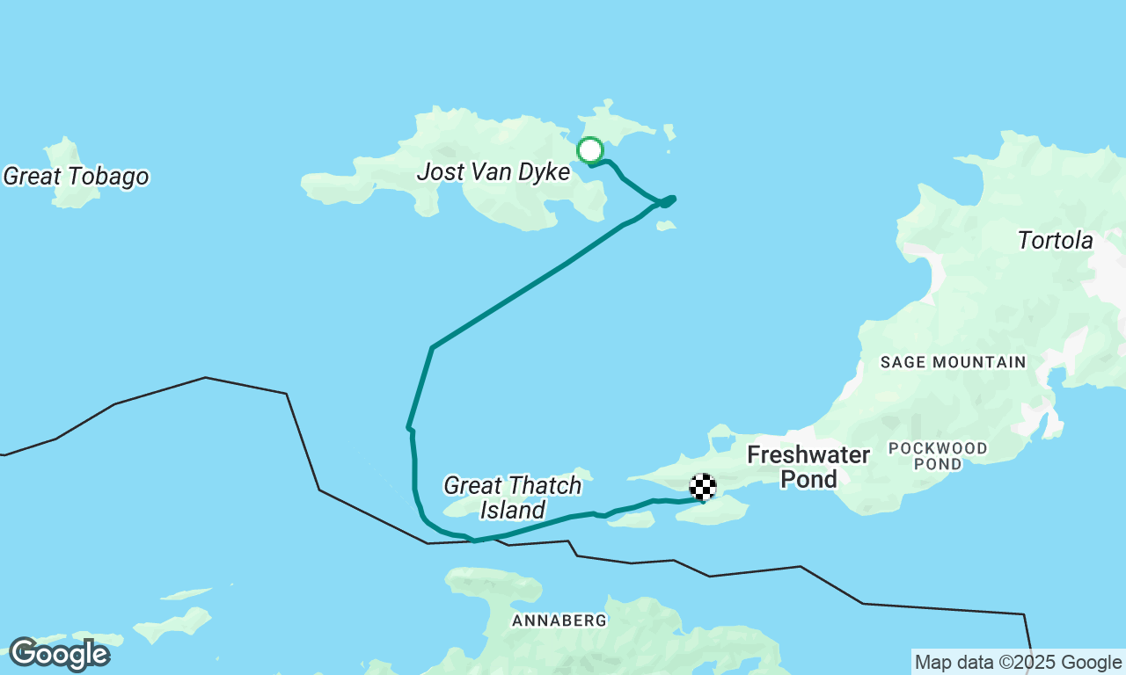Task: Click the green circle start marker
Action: (589, 150)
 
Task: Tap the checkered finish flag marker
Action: (702, 487)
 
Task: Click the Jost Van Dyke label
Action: (493, 171)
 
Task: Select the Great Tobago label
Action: (76, 177)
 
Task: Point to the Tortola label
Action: (1055, 241)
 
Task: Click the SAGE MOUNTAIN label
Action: (953, 362)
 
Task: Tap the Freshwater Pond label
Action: (808, 467)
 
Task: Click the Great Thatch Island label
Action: (512, 497)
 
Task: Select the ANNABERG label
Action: (559, 621)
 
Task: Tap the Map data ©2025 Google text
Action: (1018, 663)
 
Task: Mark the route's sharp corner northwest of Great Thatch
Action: (432, 348)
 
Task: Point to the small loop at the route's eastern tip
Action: (668, 201)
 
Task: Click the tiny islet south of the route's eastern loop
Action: (666, 226)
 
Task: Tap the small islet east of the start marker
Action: (669, 133)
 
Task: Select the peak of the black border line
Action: (205, 378)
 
